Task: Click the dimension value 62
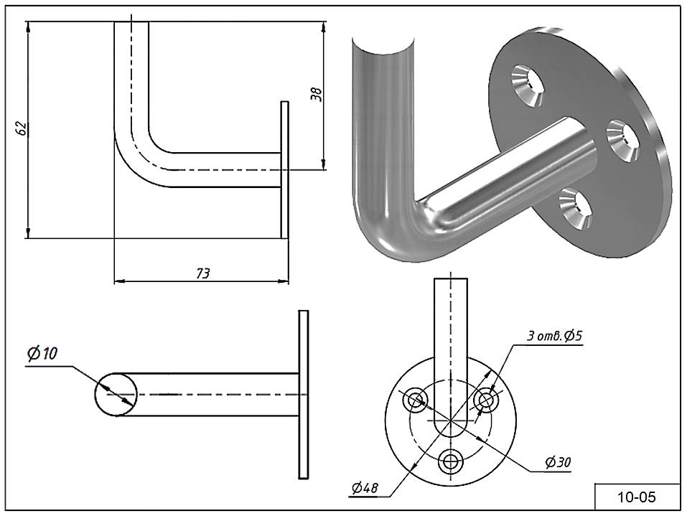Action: (x=22, y=128)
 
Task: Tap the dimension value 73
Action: (x=202, y=273)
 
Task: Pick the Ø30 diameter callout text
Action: (x=557, y=462)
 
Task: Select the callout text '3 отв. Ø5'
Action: (x=554, y=335)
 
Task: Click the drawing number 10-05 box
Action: (x=636, y=496)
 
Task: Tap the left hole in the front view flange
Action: (x=416, y=399)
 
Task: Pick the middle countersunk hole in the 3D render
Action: (x=622, y=139)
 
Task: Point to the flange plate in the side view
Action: (x=284, y=169)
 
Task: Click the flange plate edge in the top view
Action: (x=303, y=394)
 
